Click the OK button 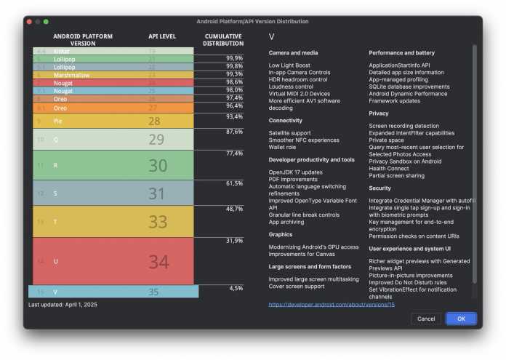coord(461,319)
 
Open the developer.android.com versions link coord(331,305)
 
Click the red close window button coord(30,22)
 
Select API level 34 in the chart coord(158,261)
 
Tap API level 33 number coord(158,221)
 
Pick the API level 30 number coord(158,166)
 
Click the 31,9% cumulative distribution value coord(233,240)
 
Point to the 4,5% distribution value coord(236,288)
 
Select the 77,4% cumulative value coord(233,153)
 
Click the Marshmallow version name coord(71,74)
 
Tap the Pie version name coord(57,121)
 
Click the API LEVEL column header coord(162,36)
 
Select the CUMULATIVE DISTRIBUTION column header coord(223,39)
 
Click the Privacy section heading coord(379,113)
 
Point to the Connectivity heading coord(285,121)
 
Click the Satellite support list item coord(289,133)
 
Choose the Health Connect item coord(390,168)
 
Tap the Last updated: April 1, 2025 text coord(63,305)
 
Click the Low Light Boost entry coord(289,65)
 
